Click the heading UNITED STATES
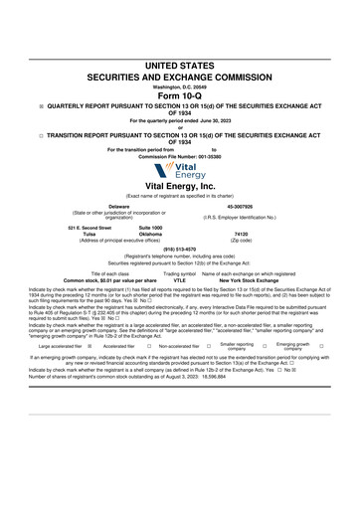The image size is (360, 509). [179, 65]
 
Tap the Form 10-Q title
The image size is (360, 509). [179, 95]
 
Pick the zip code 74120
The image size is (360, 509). [241, 235]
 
